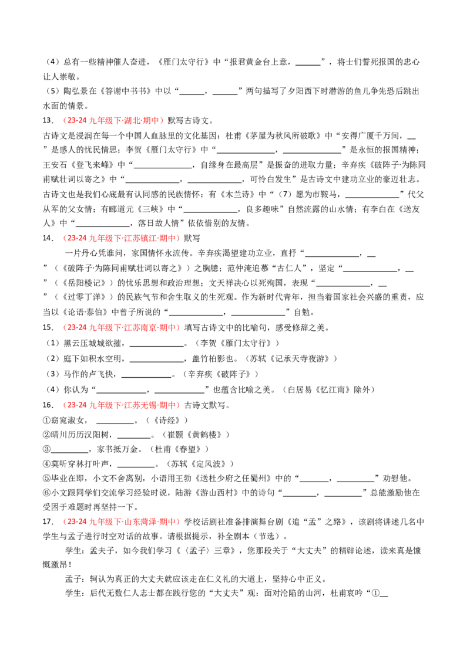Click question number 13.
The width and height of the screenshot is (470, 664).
[48, 121]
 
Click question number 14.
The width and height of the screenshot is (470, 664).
[48, 238]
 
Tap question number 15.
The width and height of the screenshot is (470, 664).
[48, 328]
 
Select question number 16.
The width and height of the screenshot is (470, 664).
[48, 405]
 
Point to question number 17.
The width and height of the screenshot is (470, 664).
[48, 521]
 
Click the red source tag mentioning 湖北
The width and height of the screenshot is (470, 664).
[113, 121]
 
